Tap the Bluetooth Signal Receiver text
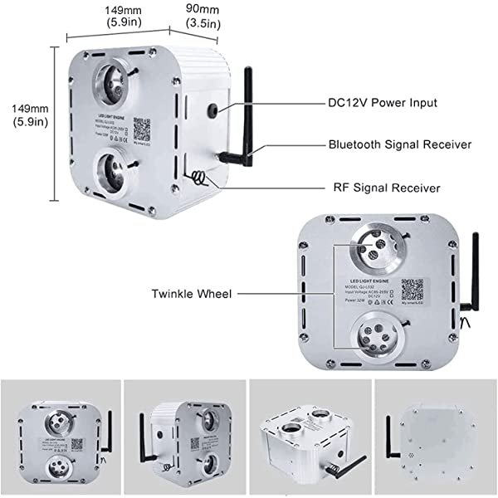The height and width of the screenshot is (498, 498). [x=399, y=144]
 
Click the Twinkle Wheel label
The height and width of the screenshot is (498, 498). [x=193, y=293]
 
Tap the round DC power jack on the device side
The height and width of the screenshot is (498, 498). [x=213, y=110]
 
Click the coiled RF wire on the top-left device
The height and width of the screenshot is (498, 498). [x=199, y=176]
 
